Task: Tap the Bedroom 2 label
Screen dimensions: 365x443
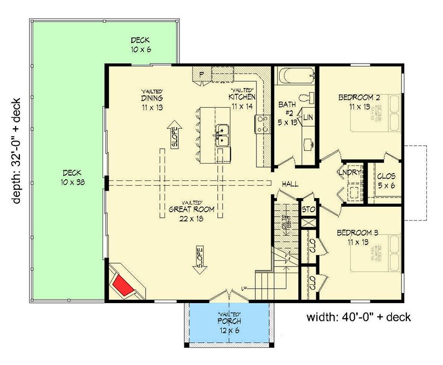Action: coord(359,102)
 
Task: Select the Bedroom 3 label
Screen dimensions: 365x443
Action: coord(358,237)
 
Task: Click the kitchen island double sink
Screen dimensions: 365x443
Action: coord(224,134)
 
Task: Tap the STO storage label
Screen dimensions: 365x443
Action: coord(308,210)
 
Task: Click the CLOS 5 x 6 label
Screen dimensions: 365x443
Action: coord(386,181)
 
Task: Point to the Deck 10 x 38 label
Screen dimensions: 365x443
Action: coord(73,176)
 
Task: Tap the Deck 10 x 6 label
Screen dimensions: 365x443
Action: coord(141,45)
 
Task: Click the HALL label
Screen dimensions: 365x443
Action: coord(290,184)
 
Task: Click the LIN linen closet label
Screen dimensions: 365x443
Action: coord(308,117)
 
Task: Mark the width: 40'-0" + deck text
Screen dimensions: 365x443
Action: coord(358,317)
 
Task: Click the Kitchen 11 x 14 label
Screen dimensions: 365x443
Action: coord(242,101)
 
